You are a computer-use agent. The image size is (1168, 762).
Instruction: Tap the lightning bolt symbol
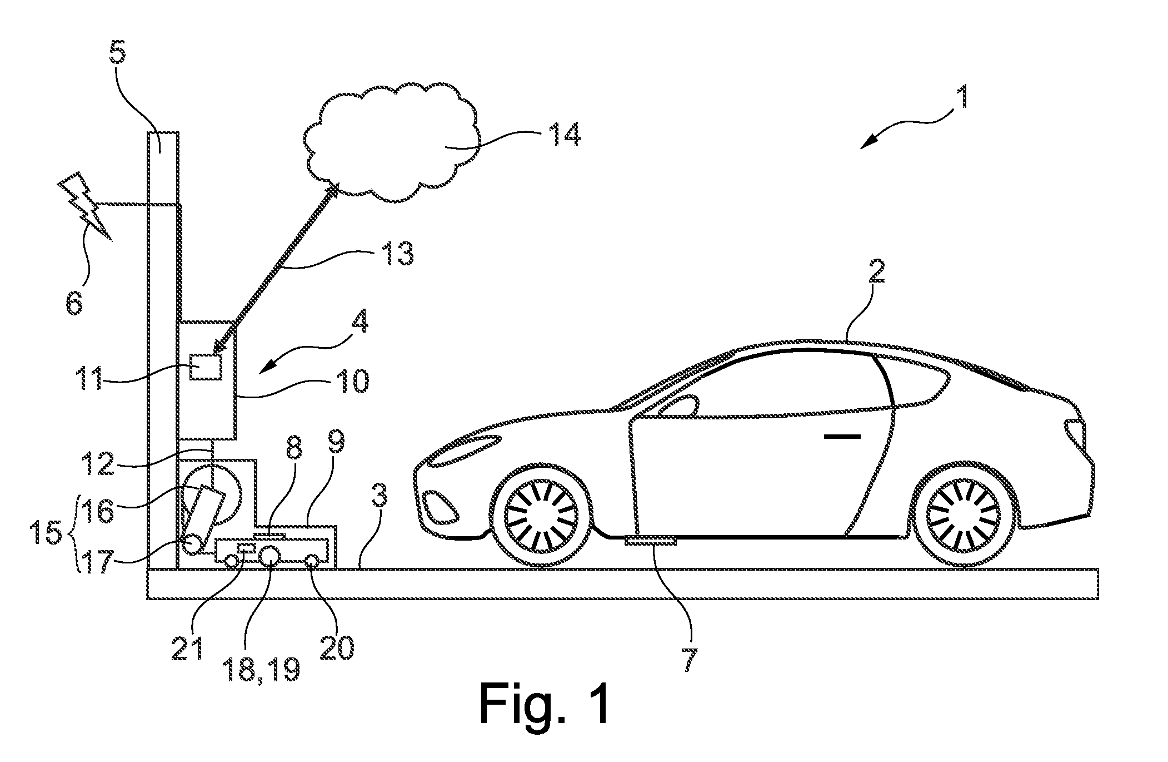[x=84, y=206]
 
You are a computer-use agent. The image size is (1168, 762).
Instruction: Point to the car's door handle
[x=842, y=437]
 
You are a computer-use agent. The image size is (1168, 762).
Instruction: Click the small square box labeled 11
[x=206, y=367]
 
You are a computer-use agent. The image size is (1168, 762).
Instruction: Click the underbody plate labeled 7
[x=651, y=541]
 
